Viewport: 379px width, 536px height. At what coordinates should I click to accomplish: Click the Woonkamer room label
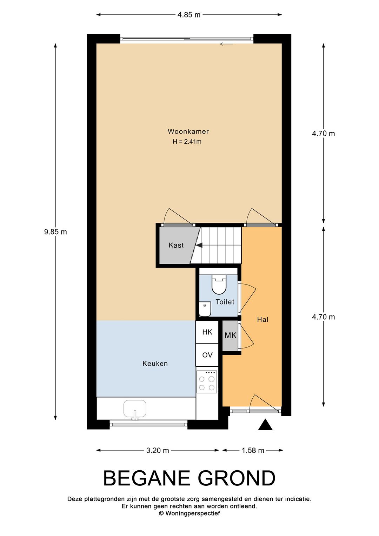click(x=188, y=131)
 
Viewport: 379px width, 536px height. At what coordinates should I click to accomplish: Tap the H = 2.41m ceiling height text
click(x=187, y=142)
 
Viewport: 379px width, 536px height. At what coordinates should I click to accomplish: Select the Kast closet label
click(x=176, y=245)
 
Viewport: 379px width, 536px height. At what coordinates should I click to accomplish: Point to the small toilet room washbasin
click(x=205, y=309)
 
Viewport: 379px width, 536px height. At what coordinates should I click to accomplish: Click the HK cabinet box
click(x=207, y=332)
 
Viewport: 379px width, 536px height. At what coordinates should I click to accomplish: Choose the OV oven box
click(x=207, y=355)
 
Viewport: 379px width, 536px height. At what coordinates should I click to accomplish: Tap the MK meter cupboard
click(x=231, y=336)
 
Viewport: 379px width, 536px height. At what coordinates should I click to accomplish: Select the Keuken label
click(x=155, y=364)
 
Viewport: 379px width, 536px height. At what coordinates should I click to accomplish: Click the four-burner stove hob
click(x=207, y=382)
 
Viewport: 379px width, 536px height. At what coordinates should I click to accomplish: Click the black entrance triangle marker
click(x=265, y=425)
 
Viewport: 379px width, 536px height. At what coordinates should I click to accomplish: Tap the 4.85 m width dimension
click(x=189, y=15)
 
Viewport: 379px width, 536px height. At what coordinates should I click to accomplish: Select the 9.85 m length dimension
click(x=55, y=232)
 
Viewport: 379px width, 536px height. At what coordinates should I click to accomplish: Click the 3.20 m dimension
click(x=158, y=451)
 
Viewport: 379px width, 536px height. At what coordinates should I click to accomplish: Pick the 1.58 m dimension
click(x=253, y=451)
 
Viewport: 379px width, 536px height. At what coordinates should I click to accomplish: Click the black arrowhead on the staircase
click(x=199, y=245)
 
